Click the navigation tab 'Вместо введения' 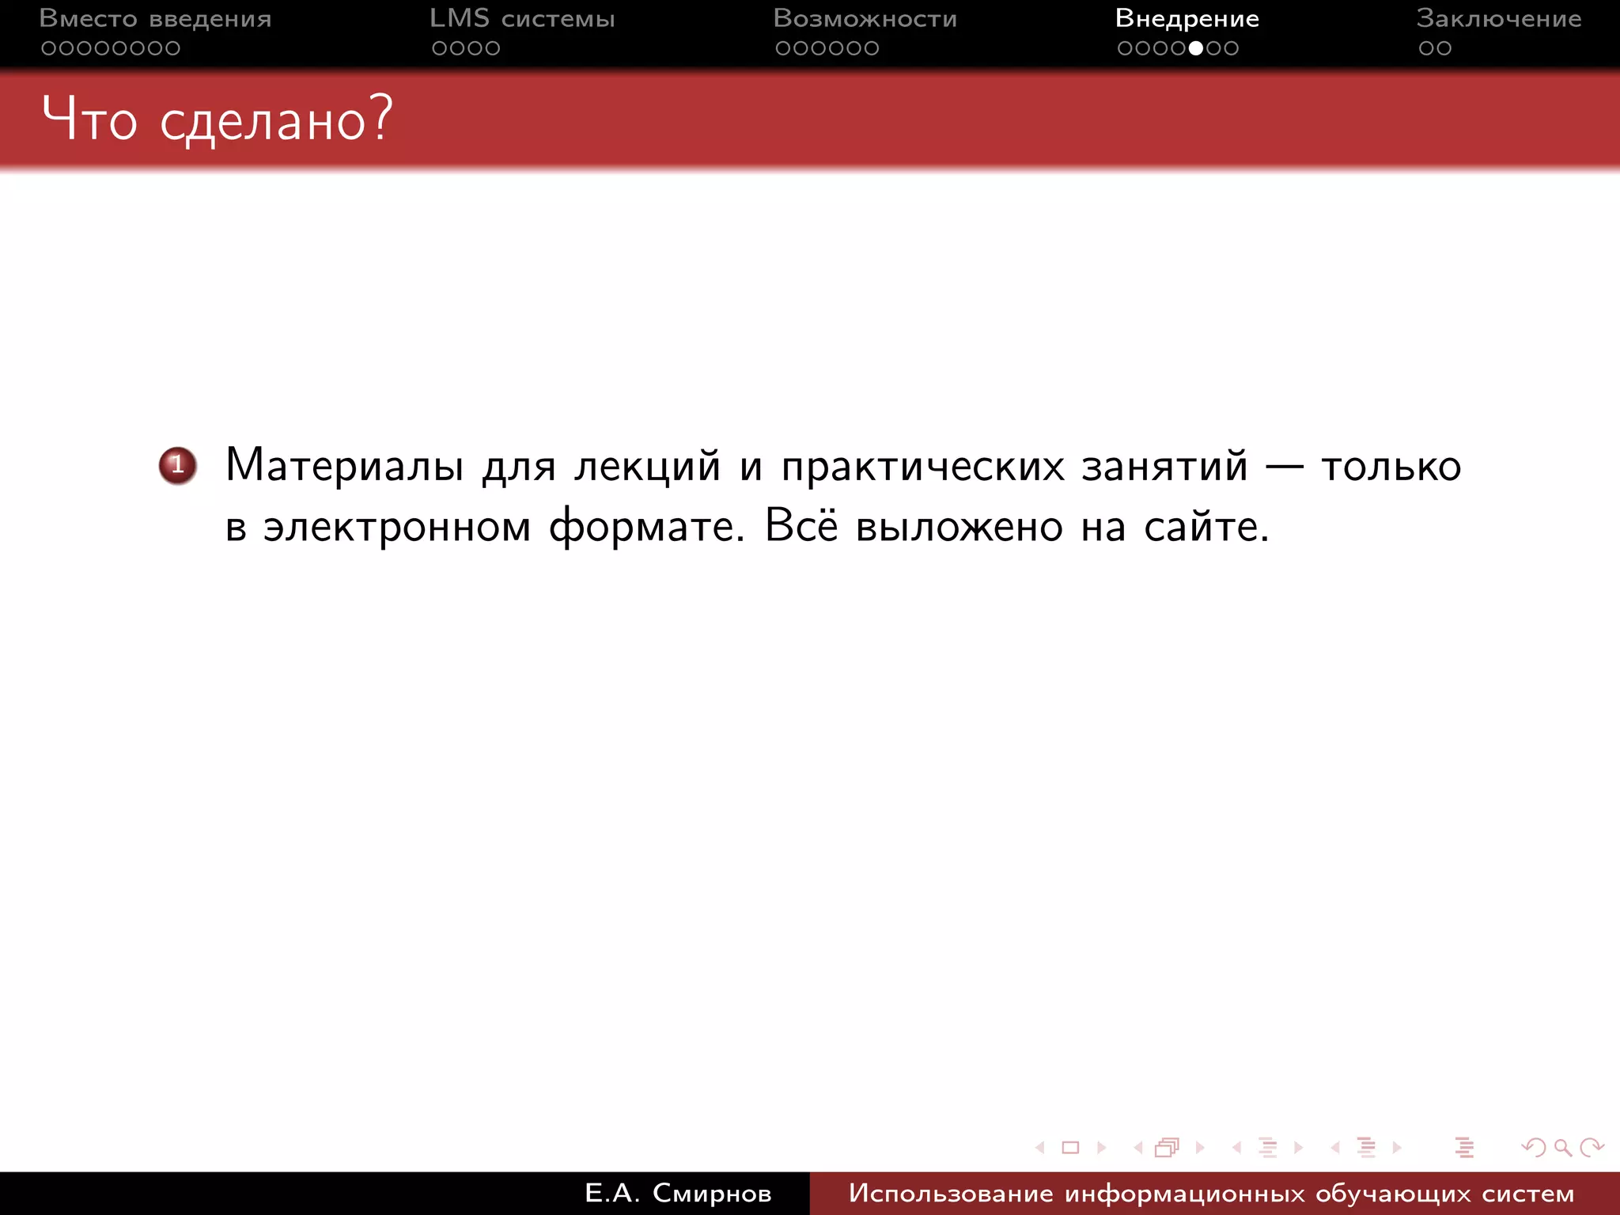point(155,19)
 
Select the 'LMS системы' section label point(522,19)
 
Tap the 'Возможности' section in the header point(865,19)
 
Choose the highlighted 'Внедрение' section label point(1187,19)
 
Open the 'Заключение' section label point(1499,19)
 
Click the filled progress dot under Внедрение point(1196,48)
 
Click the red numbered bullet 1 point(177,465)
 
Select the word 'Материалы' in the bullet point(344,465)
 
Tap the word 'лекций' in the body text point(647,467)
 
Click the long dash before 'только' point(1285,467)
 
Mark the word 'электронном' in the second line point(397,527)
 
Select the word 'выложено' point(959,527)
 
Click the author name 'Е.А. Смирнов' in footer point(678,1193)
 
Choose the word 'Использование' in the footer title point(951,1193)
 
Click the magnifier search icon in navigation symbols point(1562,1147)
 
